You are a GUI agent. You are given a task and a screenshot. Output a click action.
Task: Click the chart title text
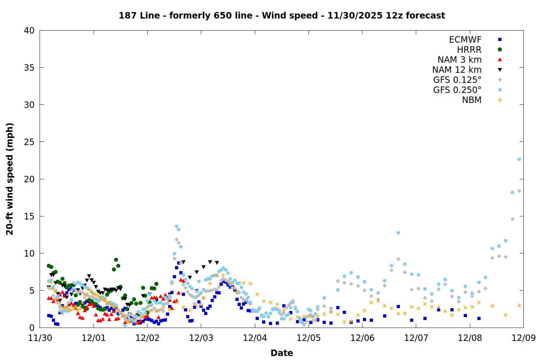(282, 15)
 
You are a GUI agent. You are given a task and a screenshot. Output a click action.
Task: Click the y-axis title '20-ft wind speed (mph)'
(10, 179)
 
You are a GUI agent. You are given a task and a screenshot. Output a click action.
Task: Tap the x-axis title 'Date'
(282, 353)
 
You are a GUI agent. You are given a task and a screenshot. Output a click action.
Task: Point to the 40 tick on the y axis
(29, 31)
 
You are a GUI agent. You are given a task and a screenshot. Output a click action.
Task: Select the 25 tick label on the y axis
(29, 142)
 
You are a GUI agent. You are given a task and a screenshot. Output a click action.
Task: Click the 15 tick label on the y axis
(29, 216)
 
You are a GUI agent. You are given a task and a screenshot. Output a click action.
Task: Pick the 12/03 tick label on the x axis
(201, 338)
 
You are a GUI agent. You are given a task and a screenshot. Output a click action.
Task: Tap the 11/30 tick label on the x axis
(40, 338)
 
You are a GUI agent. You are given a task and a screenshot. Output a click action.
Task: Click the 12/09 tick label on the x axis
(523, 338)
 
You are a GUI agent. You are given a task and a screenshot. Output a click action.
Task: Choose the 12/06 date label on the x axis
(362, 338)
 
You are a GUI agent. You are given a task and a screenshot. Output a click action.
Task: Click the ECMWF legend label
(465, 40)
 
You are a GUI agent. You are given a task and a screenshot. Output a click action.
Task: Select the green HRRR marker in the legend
(500, 50)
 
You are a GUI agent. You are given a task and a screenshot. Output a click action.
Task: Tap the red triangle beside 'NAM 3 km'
(500, 60)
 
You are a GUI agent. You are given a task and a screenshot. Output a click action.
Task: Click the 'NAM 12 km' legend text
(457, 70)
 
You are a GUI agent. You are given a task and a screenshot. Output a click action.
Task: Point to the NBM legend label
(472, 100)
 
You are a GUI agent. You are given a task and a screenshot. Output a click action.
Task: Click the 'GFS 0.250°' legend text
(457, 90)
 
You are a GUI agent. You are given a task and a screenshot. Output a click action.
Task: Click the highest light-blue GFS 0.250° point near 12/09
(519, 159)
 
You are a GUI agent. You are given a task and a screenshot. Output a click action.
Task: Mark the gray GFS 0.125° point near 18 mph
(519, 191)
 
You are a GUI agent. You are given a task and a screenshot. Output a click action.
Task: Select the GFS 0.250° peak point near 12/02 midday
(176, 226)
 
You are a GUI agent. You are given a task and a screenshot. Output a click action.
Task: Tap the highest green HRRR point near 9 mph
(116, 260)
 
